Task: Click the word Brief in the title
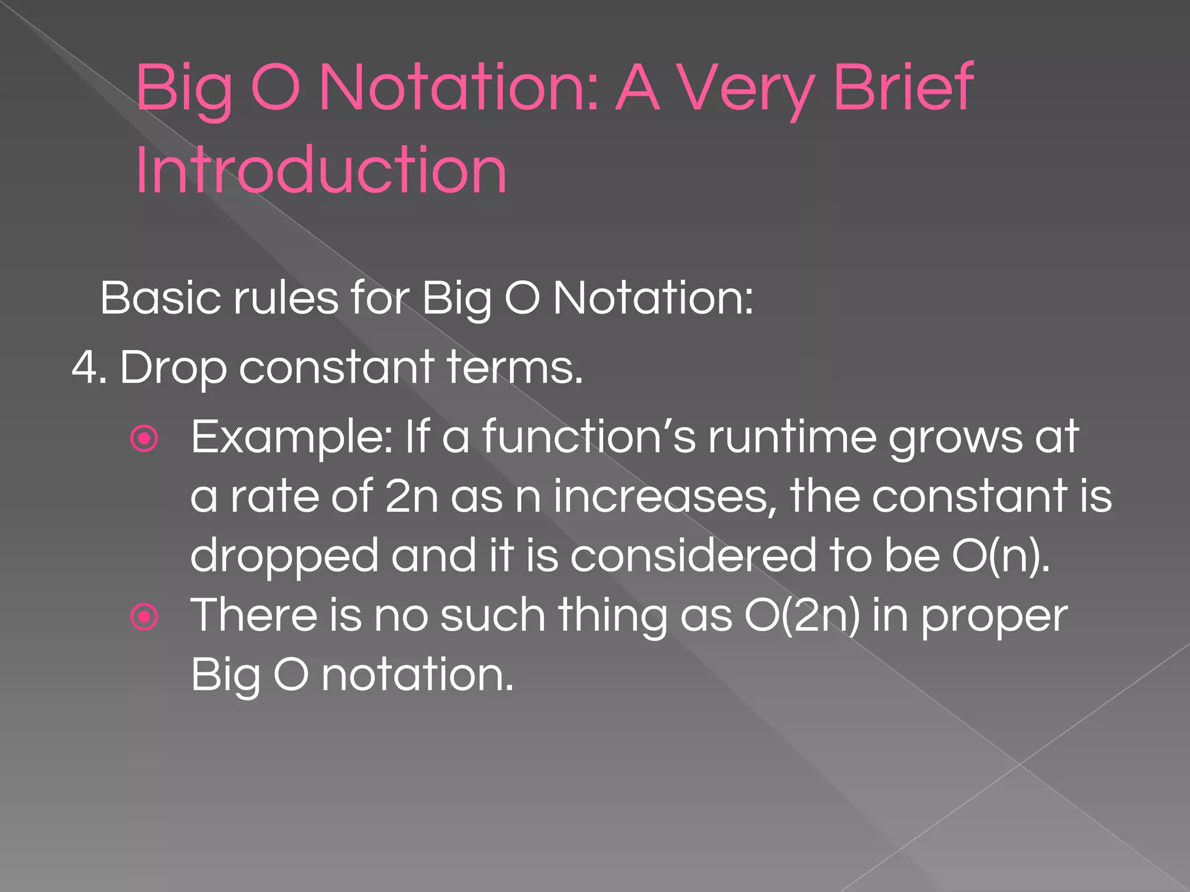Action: click(903, 87)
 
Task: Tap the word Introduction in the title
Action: click(321, 170)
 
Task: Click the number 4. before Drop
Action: click(88, 368)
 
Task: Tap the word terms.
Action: click(515, 368)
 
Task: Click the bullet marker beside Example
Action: click(145, 439)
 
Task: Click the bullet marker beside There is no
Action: click(145, 617)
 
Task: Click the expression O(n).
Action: click(1001, 556)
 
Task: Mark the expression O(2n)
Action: click(802, 616)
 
